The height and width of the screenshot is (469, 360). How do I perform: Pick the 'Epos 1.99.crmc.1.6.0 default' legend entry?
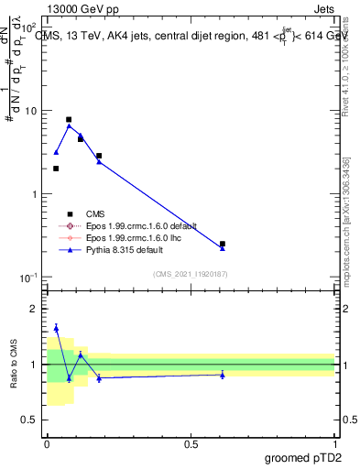pos(147,225)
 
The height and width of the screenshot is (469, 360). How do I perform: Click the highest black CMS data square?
pos(69,119)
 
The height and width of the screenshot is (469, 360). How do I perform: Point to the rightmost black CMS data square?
pos(223,244)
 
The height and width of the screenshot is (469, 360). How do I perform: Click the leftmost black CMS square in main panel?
pos(56,169)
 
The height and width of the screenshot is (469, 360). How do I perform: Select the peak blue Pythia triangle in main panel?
pos(69,125)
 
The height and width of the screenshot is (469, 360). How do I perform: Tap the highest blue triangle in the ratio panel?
pos(56,327)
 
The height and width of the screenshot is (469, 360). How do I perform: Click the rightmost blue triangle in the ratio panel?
pos(223,374)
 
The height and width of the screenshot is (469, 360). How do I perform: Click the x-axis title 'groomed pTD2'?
pos(304,456)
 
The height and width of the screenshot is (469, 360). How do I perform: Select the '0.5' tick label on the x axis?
pos(191,442)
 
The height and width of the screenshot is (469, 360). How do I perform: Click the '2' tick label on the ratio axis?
pos(34,309)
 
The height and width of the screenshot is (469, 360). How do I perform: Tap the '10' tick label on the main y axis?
pos(30,111)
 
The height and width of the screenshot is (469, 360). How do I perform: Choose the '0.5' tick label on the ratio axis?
pos(29,420)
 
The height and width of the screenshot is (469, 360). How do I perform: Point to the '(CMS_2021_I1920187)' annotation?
pos(191,273)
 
